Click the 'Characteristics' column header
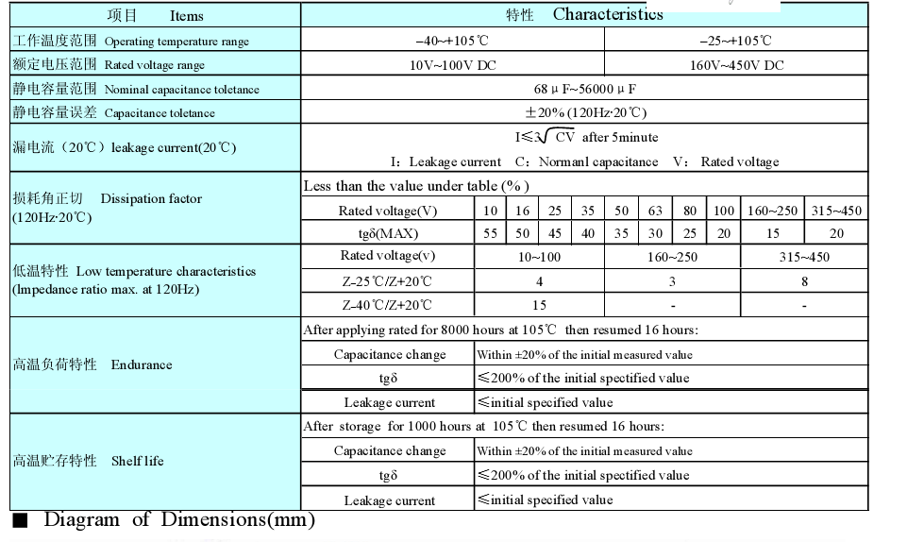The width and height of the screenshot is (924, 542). coord(608,14)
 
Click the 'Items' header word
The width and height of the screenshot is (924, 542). coord(186,16)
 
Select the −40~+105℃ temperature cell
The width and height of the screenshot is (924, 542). coord(452,41)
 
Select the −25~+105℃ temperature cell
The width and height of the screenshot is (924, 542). coord(735,41)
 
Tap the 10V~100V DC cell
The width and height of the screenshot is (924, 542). coord(452,65)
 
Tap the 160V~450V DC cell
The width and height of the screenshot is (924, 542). coord(735,65)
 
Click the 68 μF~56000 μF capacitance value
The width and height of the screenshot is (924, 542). coord(584,89)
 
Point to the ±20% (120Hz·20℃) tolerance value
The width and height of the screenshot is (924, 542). coord(584,112)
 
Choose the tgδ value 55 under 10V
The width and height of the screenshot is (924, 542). coord(491,233)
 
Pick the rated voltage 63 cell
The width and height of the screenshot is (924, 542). coord(655,211)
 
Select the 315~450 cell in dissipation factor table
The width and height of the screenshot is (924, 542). coord(836,211)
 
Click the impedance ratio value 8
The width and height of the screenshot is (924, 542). coord(804,281)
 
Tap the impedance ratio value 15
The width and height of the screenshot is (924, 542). coord(539,305)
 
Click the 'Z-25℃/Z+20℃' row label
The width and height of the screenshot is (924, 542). coord(387,281)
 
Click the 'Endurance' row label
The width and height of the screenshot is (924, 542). coord(142,365)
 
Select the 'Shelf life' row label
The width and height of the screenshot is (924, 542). coord(137,462)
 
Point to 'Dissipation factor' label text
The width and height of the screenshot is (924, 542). coord(151,199)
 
